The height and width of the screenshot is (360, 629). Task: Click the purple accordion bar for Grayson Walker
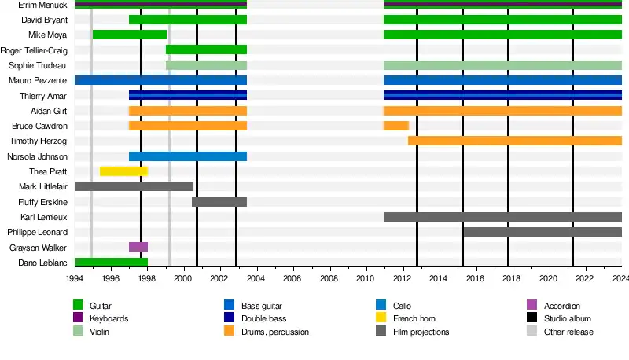[138, 247]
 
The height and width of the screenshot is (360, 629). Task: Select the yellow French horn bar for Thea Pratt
[123, 171]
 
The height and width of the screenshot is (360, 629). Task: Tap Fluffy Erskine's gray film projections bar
[219, 202]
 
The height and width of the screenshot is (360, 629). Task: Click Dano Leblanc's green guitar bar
[111, 263]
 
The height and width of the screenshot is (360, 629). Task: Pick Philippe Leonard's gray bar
[543, 232]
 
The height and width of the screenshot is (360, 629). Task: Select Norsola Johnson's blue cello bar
[188, 156]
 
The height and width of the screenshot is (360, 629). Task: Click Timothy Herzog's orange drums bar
[515, 141]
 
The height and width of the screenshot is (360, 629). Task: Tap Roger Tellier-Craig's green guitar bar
[206, 50]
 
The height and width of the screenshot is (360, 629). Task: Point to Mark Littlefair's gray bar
[134, 186]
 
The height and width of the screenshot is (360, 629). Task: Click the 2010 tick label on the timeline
[365, 278]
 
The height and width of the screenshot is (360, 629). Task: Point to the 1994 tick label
[75, 278]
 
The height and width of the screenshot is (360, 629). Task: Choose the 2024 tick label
[620, 278]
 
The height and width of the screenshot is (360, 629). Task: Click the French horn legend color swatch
[381, 318]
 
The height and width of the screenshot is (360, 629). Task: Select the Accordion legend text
[561, 305]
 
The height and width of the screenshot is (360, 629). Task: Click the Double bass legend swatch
[229, 318]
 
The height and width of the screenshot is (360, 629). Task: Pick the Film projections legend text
[423, 332]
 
